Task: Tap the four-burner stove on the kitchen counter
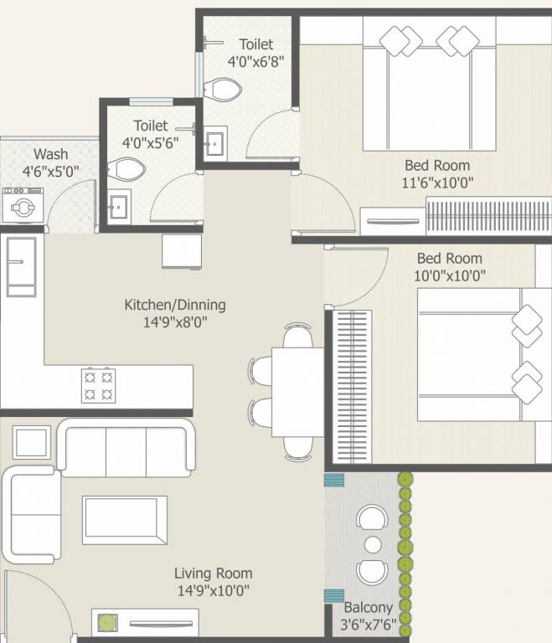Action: pyautogui.click(x=97, y=385)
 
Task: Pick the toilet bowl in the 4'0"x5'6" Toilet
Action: pyautogui.click(x=126, y=171)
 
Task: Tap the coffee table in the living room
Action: pyautogui.click(x=124, y=520)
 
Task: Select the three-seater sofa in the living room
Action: pyautogui.click(x=126, y=450)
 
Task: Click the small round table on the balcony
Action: pyautogui.click(x=374, y=546)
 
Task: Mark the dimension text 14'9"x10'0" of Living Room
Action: pyautogui.click(x=213, y=590)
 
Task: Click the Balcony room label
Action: pyautogui.click(x=368, y=607)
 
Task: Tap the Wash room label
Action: pyautogui.click(x=51, y=154)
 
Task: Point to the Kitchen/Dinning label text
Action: pyautogui.click(x=174, y=305)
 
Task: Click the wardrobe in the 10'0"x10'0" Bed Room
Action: pyautogui.click(x=353, y=386)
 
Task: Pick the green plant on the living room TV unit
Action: pyautogui.click(x=106, y=622)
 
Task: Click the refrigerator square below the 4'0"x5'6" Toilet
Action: pyautogui.click(x=182, y=251)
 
